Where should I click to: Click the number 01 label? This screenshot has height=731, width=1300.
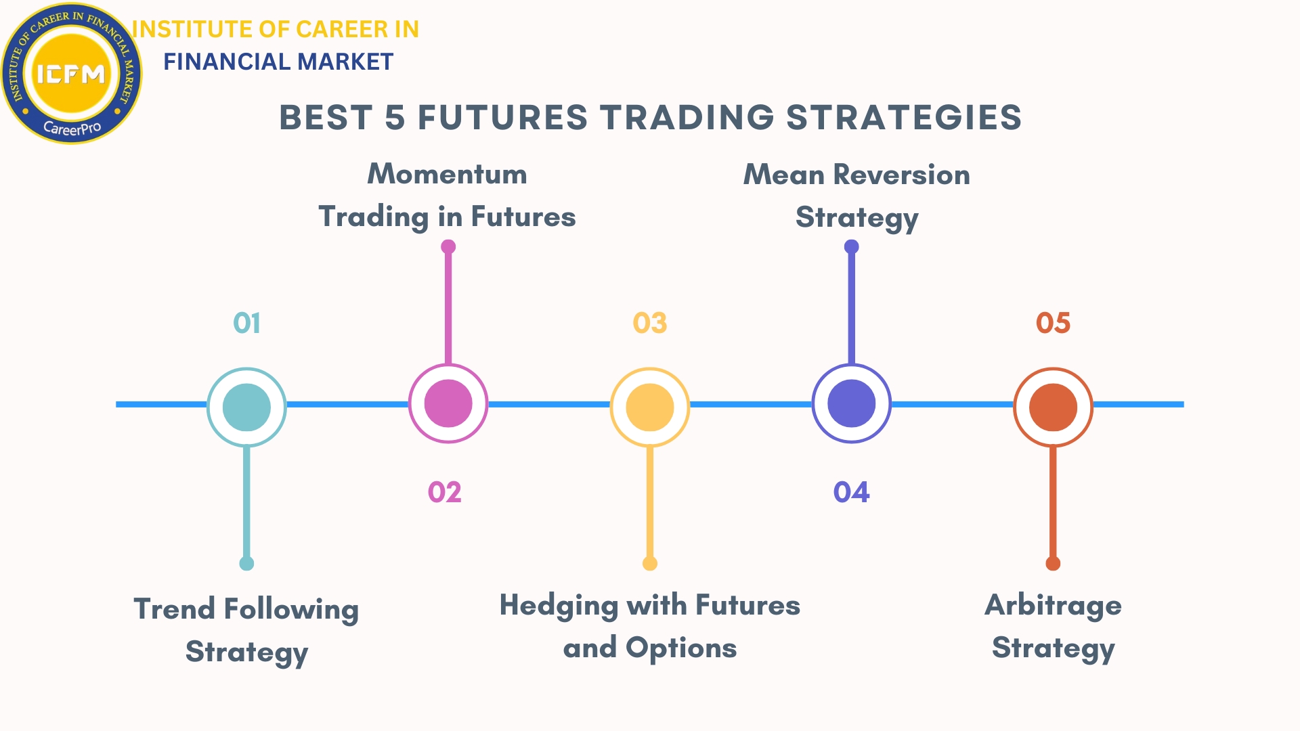[x=246, y=323]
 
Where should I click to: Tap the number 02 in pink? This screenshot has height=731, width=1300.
[x=445, y=492]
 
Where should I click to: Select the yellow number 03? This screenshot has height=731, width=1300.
[x=650, y=323]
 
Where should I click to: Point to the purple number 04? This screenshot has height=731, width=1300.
[x=851, y=492]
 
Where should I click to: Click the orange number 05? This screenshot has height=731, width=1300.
[x=1053, y=323]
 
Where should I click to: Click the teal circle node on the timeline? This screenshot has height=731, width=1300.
[x=246, y=407]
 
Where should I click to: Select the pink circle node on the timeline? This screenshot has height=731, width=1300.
[x=448, y=403]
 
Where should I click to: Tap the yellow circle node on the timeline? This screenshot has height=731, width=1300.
[x=650, y=407]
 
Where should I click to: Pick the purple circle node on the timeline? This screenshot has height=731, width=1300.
[x=852, y=403]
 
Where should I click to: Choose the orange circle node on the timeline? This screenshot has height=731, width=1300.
[x=1053, y=407]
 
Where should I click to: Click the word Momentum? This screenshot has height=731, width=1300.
[x=447, y=174]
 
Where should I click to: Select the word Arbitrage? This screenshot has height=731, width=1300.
[x=1053, y=605]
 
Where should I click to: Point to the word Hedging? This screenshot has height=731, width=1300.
[x=559, y=606]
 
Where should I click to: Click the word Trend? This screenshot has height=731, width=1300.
[x=175, y=608]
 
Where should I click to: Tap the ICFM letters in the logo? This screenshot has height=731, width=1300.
[x=71, y=73]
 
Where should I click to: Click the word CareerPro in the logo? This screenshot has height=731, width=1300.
[x=72, y=127]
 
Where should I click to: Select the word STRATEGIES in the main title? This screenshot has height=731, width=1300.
[x=904, y=118]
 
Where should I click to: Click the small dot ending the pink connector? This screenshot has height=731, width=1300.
[x=448, y=247]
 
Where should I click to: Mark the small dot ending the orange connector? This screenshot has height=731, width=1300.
[x=1053, y=564]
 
